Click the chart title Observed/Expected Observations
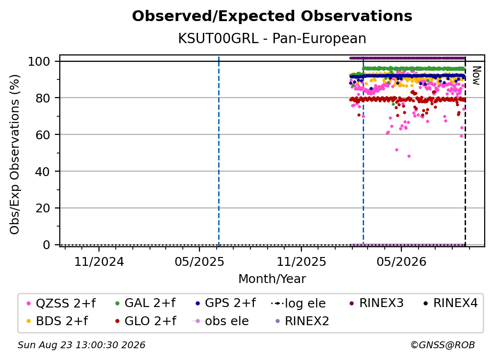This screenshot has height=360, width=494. tap(272, 16)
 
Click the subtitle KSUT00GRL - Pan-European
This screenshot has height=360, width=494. tap(272, 38)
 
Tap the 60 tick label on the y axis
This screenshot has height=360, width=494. tap(43, 134)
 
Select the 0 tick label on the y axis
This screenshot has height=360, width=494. tap(47, 245)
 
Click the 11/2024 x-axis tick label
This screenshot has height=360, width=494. tap(99, 261)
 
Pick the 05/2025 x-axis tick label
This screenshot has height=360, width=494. tap(199, 261)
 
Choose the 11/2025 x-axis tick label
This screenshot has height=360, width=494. tap(301, 261)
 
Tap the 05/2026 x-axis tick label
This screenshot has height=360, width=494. tap(401, 261)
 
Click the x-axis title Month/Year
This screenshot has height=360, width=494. tap(272, 279)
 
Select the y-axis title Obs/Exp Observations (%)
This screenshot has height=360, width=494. tap(15, 154)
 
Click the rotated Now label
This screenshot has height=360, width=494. tap(476, 76)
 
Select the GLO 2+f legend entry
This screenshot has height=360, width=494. tap(146, 321)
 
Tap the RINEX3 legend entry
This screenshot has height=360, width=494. tap(376, 303)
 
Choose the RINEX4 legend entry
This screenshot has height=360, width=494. tap(450, 303)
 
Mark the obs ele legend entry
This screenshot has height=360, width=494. tap(220, 321)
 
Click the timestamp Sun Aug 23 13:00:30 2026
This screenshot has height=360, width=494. tap(81, 345)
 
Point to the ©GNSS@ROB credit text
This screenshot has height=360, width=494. tap(443, 345)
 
